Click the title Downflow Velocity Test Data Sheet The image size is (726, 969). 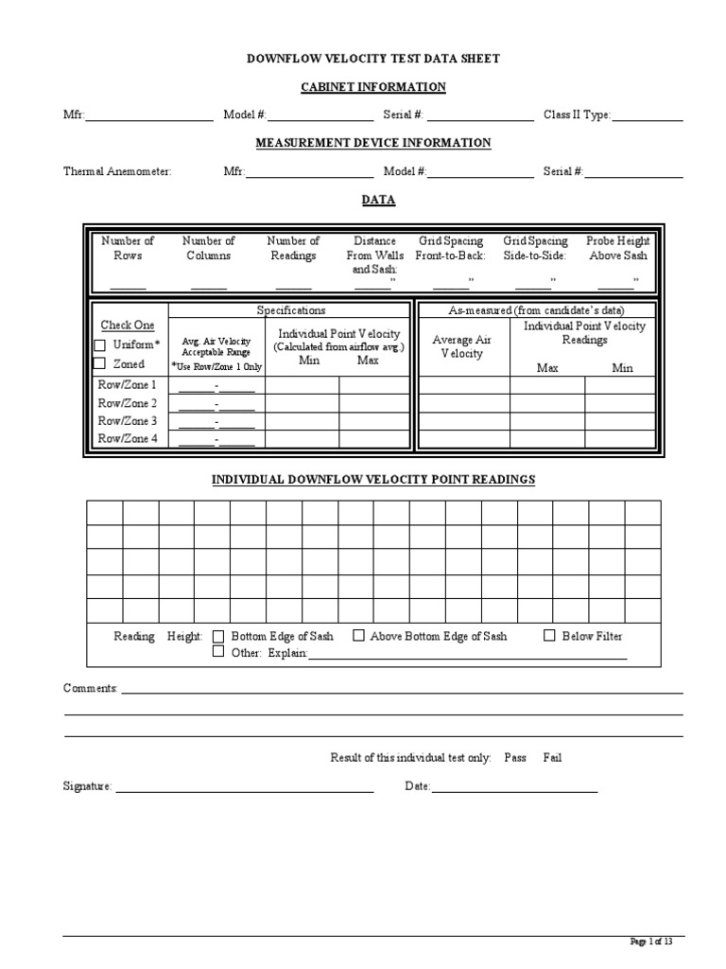(x=373, y=59)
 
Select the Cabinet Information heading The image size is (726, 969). (x=373, y=87)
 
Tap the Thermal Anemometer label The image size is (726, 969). (x=117, y=172)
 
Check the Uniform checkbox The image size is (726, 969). (x=99, y=345)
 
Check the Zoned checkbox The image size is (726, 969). (x=99, y=363)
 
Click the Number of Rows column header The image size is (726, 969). (x=128, y=248)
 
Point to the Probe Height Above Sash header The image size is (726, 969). (x=617, y=248)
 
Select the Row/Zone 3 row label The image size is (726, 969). (x=128, y=421)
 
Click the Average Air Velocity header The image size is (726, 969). (x=461, y=346)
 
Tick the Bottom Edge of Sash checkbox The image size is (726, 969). (x=218, y=636)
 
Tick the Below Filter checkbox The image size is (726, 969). (x=549, y=636)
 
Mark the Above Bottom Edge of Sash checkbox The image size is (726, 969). (x=358, y=636)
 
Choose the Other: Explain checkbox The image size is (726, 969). (x=218, y=652)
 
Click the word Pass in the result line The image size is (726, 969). (x=515, y=758)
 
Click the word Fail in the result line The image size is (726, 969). (x=552, y=758)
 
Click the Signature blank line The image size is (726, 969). (x=245, y=787)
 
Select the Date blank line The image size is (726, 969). (x=514, y=787)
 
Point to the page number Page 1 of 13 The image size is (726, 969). (x=651, y=941)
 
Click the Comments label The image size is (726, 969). (x=90, y=689)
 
